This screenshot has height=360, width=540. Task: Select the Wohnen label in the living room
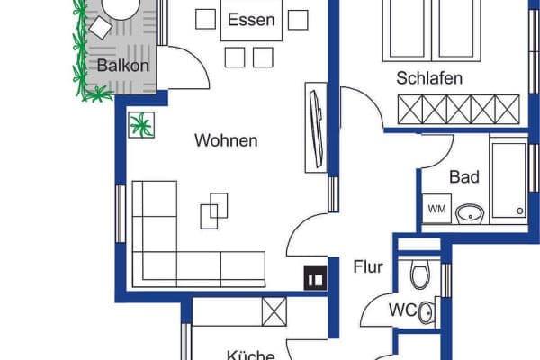[x=226, y=140]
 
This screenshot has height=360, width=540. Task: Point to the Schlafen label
[x=429, y=78]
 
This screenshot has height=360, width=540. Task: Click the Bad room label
[x=464, y=176]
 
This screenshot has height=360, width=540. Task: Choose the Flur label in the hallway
[x=369, y=266]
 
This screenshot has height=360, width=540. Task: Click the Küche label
[x=250, y=355]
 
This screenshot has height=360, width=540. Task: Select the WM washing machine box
[x=436, y=210]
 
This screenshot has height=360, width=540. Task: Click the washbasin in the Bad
[x=470, y=213]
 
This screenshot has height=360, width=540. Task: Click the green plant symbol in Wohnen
[x=141, y=124]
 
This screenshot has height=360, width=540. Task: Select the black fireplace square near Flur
[x=315, y=279]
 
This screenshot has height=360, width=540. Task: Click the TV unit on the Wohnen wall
[x=316, y=126]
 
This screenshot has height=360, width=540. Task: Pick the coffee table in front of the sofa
[x=214, y=211]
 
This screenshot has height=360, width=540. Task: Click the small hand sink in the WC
[x=427, y=312]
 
